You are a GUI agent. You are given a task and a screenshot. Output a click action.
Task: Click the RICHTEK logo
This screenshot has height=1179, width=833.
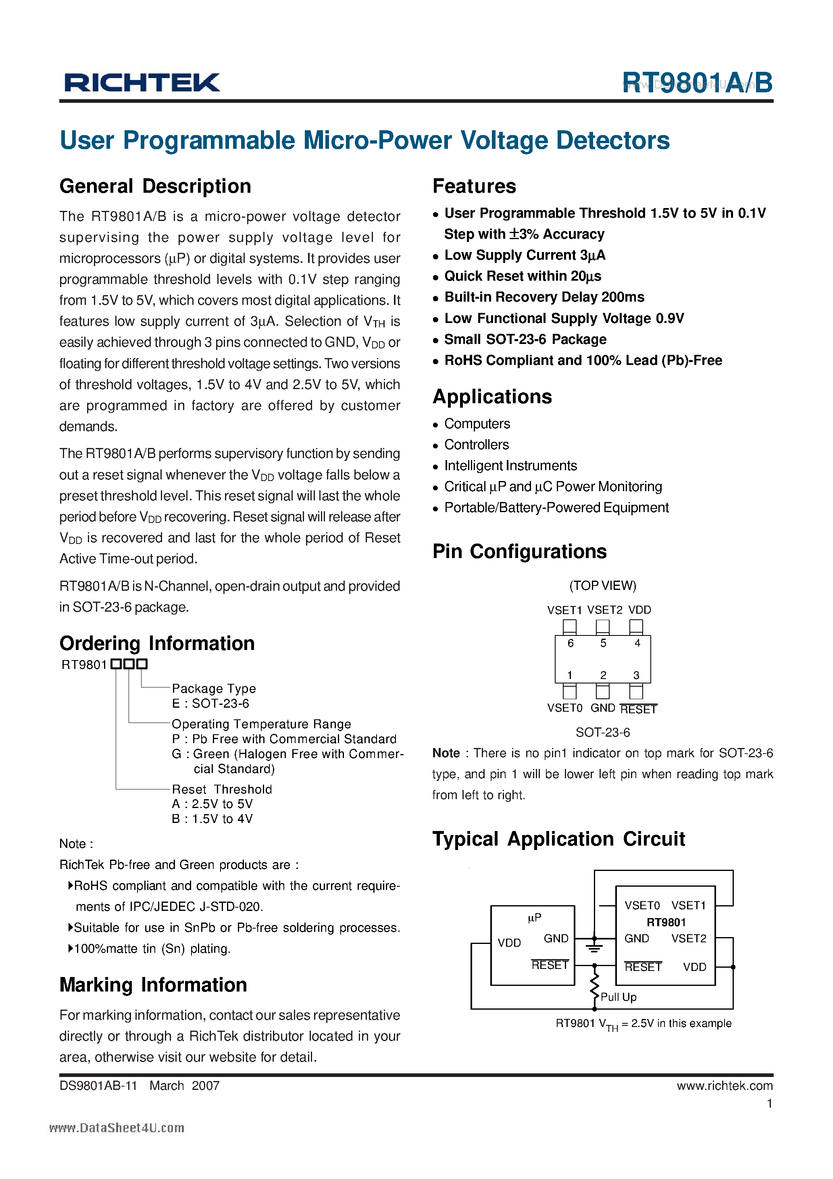tap(142, 82)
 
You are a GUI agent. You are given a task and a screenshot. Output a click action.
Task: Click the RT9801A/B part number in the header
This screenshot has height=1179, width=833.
tap(696, 82)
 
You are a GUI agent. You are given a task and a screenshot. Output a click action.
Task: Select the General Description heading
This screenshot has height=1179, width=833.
tap(155, 186)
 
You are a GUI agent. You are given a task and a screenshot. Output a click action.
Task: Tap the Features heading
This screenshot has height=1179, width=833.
tap(474, 186)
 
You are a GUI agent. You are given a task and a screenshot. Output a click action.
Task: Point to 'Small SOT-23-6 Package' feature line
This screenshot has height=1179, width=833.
tap(525, 340)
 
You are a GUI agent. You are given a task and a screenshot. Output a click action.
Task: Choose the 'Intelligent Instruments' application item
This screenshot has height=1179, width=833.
tap(510, 466)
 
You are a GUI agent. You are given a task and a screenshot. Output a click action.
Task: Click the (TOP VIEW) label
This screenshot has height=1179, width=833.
tap(602, 585)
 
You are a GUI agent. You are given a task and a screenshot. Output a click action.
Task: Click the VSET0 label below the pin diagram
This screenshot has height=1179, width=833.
tap(564, 708)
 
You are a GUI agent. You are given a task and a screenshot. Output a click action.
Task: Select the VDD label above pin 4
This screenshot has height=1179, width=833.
tap(639, 610)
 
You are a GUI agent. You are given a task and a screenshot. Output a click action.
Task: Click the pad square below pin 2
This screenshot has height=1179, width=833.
tap(602, 691)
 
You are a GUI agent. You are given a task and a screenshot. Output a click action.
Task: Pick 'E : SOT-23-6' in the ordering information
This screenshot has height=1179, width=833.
tap(210, 704)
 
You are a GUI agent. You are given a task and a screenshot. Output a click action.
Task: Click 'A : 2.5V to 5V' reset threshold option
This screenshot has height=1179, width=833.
tap(212, 804)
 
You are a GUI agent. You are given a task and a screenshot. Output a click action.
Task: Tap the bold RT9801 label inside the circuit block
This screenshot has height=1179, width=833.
tap(666, 922)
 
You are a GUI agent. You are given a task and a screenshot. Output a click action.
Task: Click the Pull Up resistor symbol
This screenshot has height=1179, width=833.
tap(595, 986)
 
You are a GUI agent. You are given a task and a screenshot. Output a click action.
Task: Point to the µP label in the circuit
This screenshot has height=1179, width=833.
tap(534, 917)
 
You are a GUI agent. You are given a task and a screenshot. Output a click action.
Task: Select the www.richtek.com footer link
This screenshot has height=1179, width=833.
tap(724, 1085)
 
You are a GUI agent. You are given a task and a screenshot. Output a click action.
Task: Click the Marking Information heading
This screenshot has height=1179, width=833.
tap(153, 985)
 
